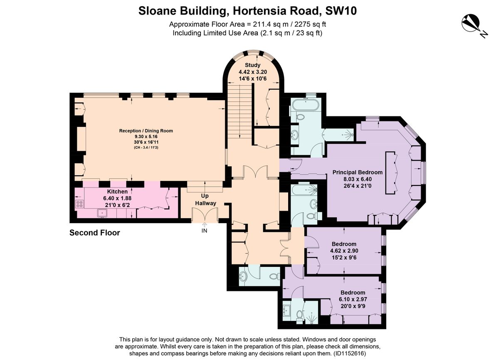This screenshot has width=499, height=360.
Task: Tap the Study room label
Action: pos(253,65)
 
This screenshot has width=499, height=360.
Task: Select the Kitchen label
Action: pos(117,192)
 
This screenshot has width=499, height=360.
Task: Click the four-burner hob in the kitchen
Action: pos(79,204)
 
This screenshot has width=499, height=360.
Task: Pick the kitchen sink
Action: pos(102,213)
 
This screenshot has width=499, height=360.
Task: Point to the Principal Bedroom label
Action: pos(358,173)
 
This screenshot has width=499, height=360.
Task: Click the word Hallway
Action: pos(205,203)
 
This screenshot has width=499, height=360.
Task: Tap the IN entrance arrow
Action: pos(205,224)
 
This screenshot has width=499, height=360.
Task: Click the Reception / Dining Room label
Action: pos(146,131)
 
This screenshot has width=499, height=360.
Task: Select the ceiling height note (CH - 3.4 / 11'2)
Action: pos(146,148)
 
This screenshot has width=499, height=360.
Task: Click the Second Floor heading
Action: pos(95,233)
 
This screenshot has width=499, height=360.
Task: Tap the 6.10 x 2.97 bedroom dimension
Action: pos(353,299)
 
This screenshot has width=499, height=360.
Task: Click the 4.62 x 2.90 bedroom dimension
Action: pos(344,251)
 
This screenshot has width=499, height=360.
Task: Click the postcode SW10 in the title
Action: pos(341,11)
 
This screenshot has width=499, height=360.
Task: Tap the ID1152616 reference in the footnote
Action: pos(350,353)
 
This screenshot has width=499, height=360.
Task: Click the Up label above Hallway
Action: pos(205,196)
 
